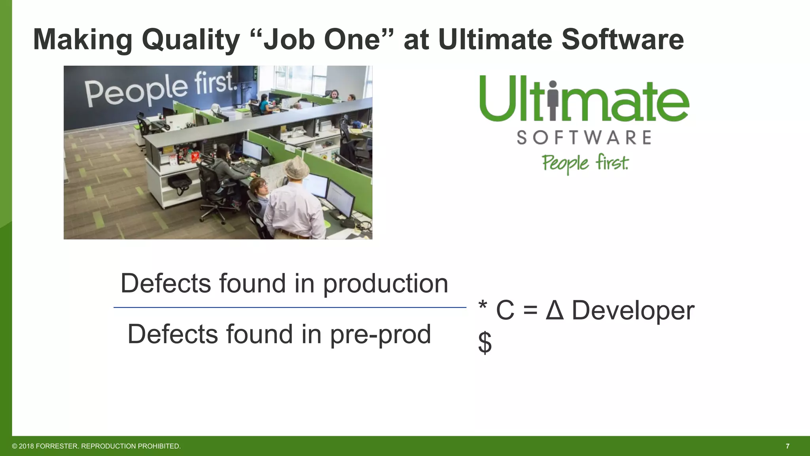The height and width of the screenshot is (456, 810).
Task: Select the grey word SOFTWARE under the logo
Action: click(x=584, y=138)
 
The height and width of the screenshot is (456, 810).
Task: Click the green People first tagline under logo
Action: click(x=585, y=163)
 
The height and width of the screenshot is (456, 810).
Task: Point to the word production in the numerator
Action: click(x=386, y=284)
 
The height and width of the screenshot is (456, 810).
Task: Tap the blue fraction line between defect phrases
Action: click(x=290, y=307)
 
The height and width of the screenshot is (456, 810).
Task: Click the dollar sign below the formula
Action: click(x=485, y=343)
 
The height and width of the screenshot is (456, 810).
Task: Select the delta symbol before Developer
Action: click(x=555, y=310)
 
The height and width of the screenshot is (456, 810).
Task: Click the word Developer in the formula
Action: click(x=633, y=310)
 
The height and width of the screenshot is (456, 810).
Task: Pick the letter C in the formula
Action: click(x=505, y=310)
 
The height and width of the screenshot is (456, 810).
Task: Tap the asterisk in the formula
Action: click(x=483, y=306)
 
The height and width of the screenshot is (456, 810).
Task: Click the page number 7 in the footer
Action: click(x=787, y=446)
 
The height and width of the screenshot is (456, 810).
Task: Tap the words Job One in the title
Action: click(x=322, y=40)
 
